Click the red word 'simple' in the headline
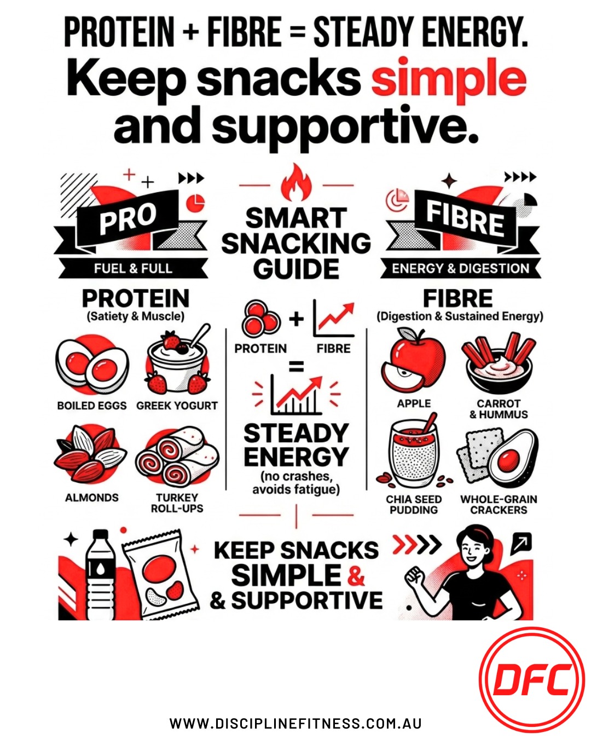click(x=449, y=80)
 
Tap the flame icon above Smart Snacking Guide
click(x=296, y=183)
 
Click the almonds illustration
click(x=90, y=454)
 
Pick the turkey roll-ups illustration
click(x=177, y=458)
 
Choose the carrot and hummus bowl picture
click(x=498, y=361)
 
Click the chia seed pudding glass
click(x=413, y=454)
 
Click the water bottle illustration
click(x=101, y=575)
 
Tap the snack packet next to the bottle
click(x=159, y=575)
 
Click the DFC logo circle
click(x=532, y=680)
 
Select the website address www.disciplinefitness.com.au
click(x=296, y=723)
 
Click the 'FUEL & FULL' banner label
click(x=133, y=268)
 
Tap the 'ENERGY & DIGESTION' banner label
click(x=460, y=268)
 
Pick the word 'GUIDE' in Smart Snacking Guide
click(x=296, y=269)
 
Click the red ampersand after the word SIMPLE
click(x=356, y=575)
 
